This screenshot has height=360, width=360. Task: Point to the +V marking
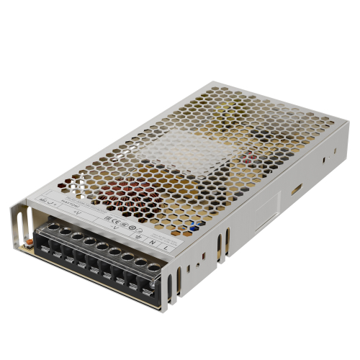pyautogui.click(x=78, y=214)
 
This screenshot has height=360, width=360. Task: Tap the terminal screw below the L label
pyautogui.click(x=153, y=268)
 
